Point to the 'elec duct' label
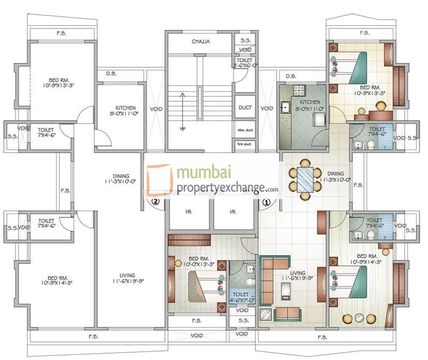(244, 130)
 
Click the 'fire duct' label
(244, 144)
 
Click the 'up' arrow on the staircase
(182, 111)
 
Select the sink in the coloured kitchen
(285, 108)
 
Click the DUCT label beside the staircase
(245, 108)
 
